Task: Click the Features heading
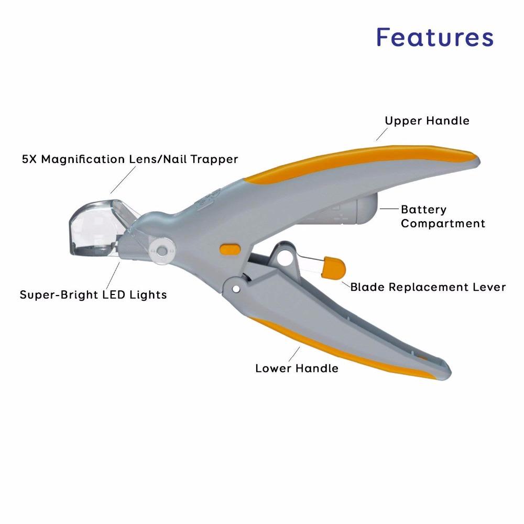tap(435, 37)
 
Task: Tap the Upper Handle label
tap(427, 121)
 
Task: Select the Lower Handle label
tap(297, 368)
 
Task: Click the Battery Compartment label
tap(443, 216)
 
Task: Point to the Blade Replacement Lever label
tap(428, 287)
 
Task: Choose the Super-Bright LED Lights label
tap(93, 294)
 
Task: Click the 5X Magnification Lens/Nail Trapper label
tap(130, 159)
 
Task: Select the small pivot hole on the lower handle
tap(236, 288)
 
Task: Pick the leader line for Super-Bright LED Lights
tap(114, 275)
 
